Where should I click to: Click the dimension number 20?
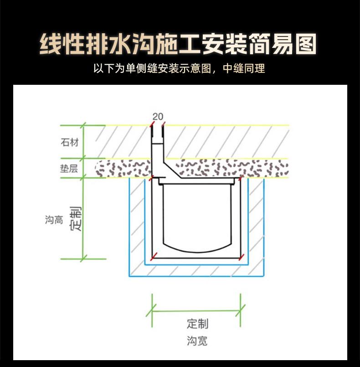click(158, 117)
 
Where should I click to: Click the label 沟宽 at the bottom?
click(197, 341)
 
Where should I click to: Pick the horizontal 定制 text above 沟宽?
click(197, 324)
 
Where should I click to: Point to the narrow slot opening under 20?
click(158, 132)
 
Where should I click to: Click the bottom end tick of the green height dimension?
click(83, 259)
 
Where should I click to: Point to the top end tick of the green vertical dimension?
click(83, 125)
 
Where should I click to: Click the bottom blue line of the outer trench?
click(196, 276)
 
